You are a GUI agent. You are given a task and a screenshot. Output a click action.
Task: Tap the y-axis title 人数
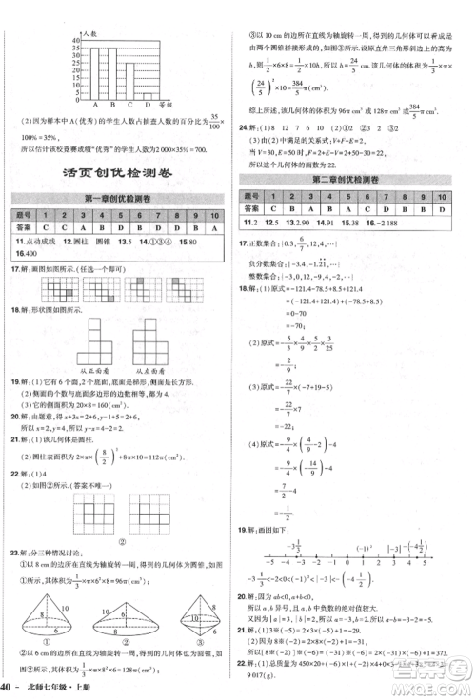click(x=90, y=32)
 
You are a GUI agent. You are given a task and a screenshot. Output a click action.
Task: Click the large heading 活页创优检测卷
click(x=121, y=171)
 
